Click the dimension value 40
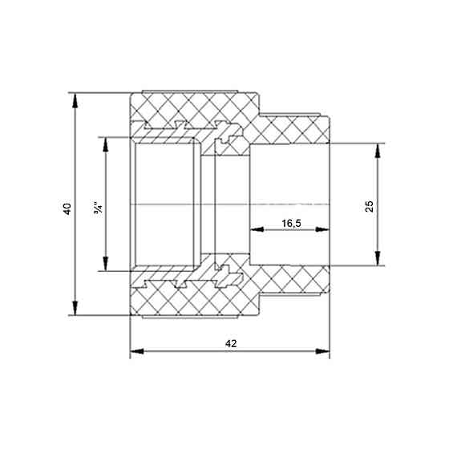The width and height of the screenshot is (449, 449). [67, 208]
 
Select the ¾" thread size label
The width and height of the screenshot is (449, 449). [98, 208]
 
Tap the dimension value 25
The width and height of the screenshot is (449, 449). [370, 206]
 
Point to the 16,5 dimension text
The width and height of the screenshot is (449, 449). [291, 224]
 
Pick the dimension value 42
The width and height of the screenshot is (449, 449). [231, 343]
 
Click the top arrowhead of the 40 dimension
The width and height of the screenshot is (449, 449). [75, 100]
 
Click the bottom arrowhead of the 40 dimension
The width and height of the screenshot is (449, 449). [75, 308]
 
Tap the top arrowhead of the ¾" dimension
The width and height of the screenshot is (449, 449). [106, 144]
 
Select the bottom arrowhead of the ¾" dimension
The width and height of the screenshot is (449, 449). [106, 264]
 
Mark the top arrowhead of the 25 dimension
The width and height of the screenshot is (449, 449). [378, 151]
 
